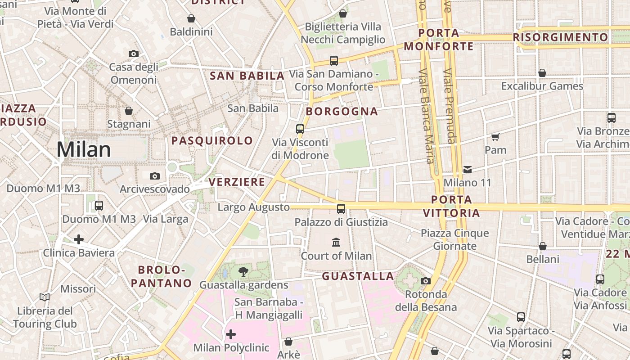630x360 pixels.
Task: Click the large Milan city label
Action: coord(84,150)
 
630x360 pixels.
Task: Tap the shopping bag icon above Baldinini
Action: coord(191,19)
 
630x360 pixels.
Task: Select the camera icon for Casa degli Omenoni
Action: coord(134,54)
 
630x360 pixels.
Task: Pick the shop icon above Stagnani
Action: coord(129,111)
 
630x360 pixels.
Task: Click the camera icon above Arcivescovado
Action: coord(155,176)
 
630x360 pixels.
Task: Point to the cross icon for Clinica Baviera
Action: coord(79,239)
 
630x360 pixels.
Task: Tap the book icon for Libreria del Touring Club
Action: coord(45,297)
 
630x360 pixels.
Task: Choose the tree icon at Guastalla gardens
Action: coord(243,271)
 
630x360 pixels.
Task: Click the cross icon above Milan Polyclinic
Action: coord(231,334)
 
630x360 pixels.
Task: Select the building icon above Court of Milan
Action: coord(336,243)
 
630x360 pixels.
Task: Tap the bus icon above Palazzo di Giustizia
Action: coord(341,209)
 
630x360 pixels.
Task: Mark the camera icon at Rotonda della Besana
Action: coord(425,281)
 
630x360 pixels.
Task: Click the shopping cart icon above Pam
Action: coord(495,137)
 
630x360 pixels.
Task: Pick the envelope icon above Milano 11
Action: coord(468,170)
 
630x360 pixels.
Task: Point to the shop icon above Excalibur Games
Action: coord(542,73)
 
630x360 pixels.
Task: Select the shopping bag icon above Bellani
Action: coord(543,246)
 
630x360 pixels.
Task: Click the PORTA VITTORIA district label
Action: coord(451,206)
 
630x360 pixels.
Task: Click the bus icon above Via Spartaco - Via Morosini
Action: coord(521,317)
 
